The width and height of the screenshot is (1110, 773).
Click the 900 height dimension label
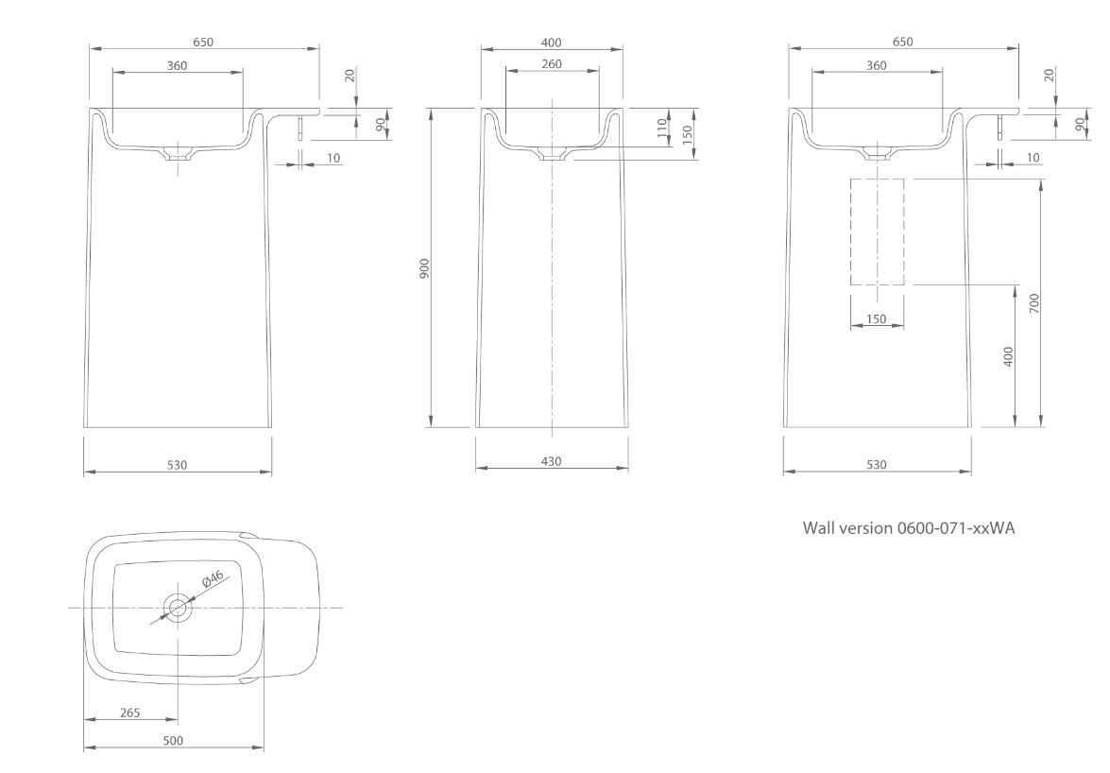point(425,268)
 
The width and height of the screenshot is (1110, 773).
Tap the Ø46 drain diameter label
point(213,579)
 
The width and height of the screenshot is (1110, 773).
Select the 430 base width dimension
point(551,461)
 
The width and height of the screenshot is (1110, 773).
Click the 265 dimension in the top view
point(129,713)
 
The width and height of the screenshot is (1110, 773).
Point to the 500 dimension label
point(173,741)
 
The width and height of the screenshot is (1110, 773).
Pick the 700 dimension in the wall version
point(1035,303)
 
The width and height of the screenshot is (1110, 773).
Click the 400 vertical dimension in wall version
point(1010,356)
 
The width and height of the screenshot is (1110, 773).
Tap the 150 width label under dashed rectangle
point(877,319)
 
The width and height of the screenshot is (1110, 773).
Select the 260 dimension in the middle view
point(552,64)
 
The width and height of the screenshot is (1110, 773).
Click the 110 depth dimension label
point(662,129)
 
